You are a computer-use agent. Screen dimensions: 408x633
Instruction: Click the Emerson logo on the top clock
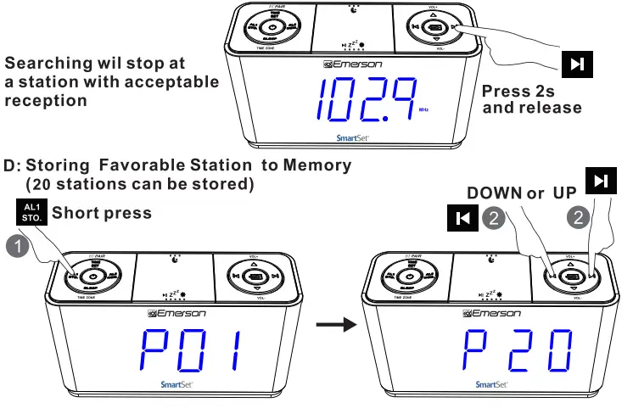pyautogui.click(x=355, y=64)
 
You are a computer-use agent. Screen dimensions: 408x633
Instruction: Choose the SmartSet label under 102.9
pyautogui.click(x=351, y=133)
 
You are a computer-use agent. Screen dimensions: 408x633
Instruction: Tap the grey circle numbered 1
pyautogui.click(x=17, y=248)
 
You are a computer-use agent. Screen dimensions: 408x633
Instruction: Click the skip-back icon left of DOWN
pyautogui.click(x=462, y=219)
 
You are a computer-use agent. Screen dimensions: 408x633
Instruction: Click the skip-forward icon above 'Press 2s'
pyautogui.click(x=577, y=65)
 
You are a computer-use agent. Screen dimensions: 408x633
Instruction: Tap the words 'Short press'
pyautogui.click(x=102, y=213)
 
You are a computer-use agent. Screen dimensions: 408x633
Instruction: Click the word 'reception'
pyautogui.click(x=45, y=101)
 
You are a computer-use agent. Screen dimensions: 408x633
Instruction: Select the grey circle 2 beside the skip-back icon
pyautogui.click(x=496, y=218)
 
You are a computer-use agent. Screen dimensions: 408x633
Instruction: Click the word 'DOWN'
pyautogui.click(x=494, y=193)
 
